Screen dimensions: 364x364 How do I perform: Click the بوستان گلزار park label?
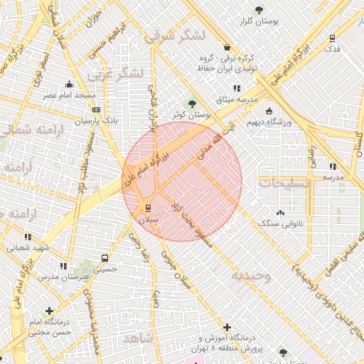258,23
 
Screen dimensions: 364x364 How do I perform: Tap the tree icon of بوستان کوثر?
191,105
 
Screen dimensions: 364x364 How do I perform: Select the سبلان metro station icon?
148,208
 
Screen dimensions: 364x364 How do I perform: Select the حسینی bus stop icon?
105,259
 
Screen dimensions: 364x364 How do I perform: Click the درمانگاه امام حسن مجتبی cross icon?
49,311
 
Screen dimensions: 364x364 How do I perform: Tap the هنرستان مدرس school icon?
63,266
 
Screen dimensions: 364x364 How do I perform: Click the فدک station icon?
332,38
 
